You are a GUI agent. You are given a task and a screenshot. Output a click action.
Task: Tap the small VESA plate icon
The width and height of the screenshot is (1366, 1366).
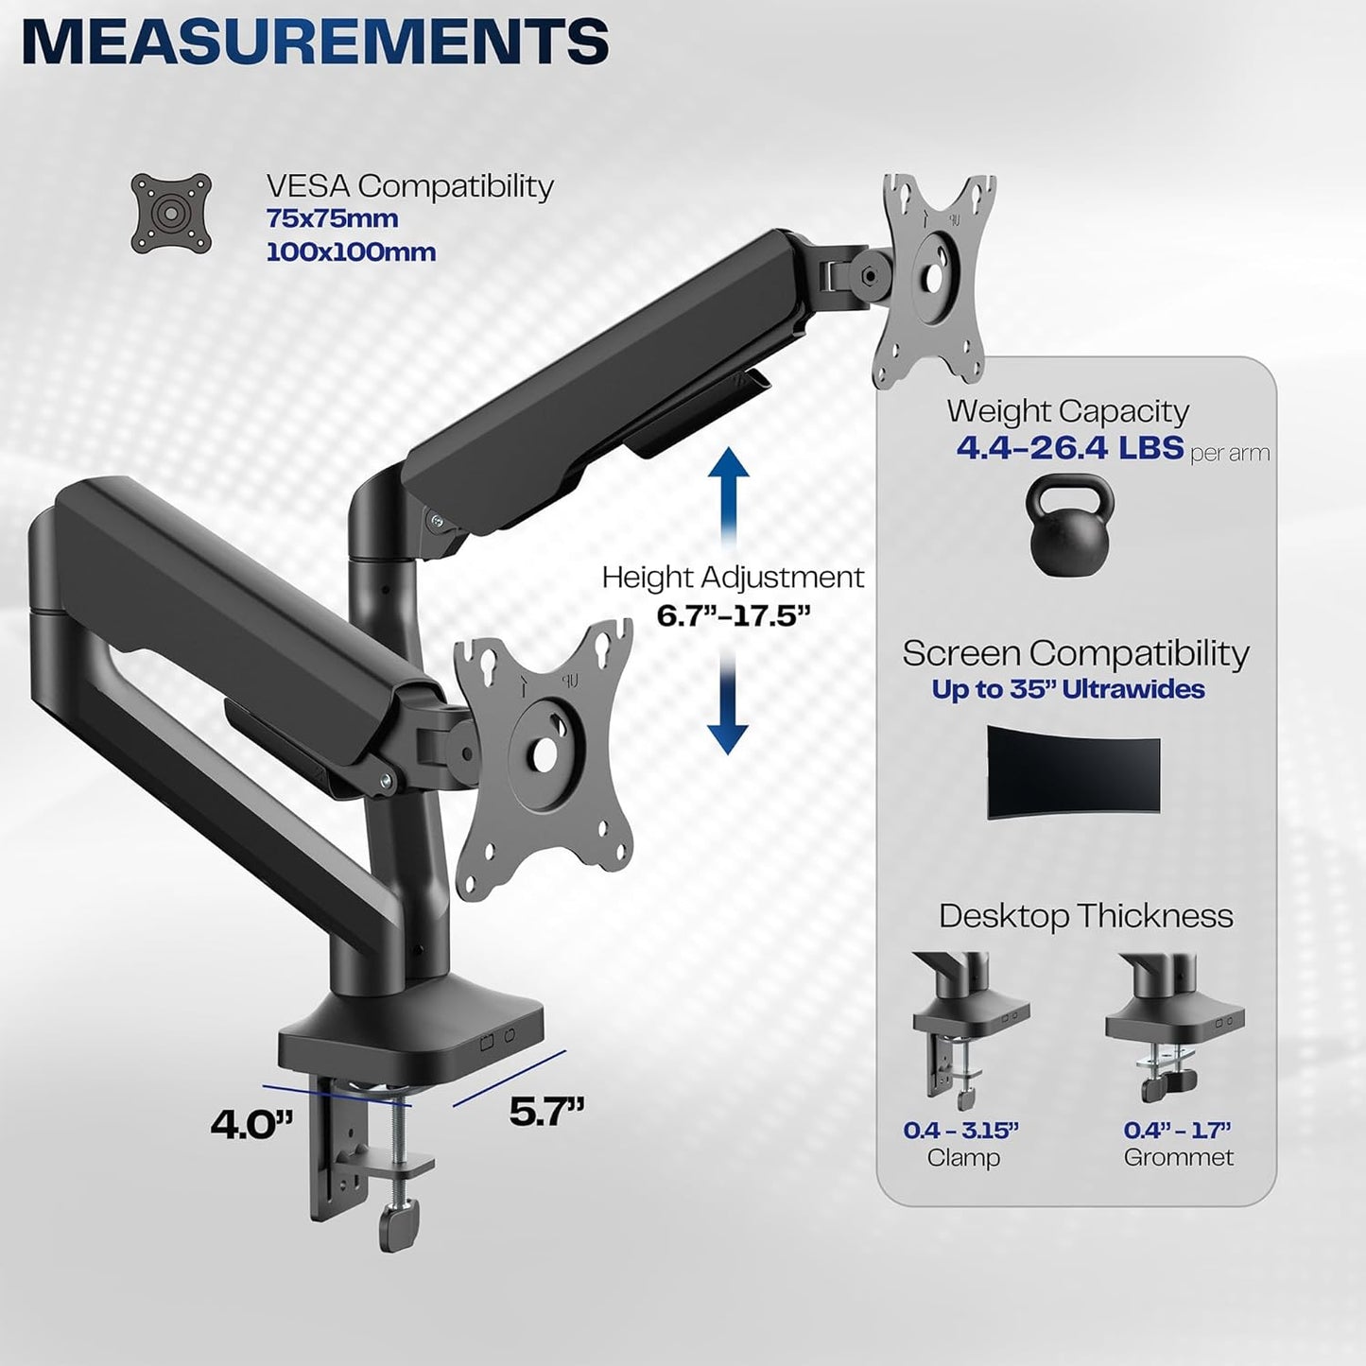tap(171, 213)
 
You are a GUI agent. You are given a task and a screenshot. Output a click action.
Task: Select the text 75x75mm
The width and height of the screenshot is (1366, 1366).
tap(332, 218)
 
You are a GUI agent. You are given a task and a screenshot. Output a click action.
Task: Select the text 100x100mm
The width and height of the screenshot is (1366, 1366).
tap(351, 252)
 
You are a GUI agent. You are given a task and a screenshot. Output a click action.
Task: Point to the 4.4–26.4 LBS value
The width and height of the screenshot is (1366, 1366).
tap(1069, 446)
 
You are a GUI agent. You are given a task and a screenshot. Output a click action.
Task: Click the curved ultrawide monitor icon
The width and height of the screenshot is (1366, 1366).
tap(1073, 771)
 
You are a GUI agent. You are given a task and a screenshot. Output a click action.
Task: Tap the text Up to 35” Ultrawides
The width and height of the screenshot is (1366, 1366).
tap(1068, 689)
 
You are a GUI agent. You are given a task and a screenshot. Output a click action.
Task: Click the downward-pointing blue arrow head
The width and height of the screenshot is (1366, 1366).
tap(728, 737)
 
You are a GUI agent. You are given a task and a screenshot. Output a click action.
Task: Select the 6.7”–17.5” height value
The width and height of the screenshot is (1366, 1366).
tap(734, 615)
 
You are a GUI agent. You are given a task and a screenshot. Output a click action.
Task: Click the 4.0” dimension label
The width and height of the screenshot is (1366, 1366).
tap(251, 1124)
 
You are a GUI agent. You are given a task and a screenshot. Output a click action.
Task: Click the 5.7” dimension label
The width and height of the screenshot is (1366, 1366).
tap(546, 1113)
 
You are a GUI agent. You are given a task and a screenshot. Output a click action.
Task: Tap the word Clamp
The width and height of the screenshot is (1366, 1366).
tap(963, 1158)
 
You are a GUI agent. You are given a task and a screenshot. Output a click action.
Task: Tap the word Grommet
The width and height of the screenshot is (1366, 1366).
tap(1178, 1158)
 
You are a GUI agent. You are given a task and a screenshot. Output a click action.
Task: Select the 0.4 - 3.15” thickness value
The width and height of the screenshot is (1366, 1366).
tap(961, 1130)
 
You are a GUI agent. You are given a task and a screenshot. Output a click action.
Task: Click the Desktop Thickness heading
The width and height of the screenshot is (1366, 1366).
tap(1085, 916)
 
